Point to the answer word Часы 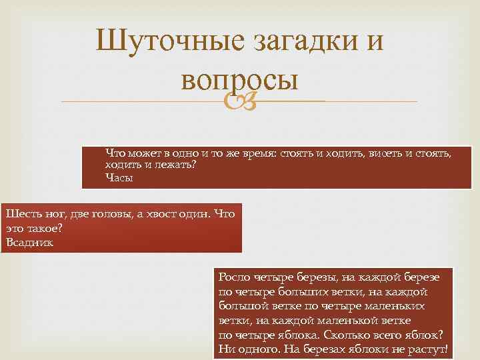tap(119, 178)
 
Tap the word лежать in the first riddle tap(178, 165)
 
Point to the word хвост tap(169, 214)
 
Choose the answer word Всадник tap(29, 242)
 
